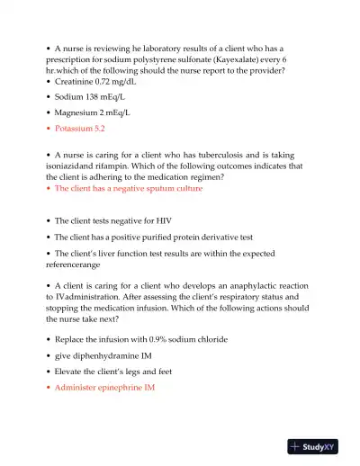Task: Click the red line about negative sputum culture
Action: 129,189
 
